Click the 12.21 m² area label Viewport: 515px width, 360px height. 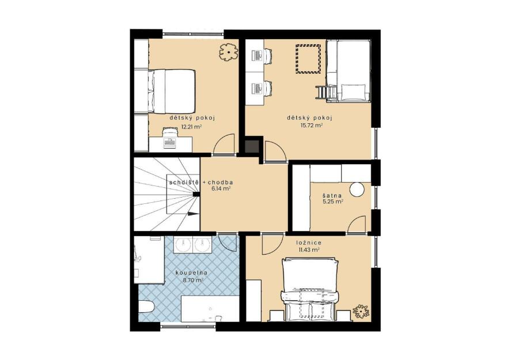coord(191,127)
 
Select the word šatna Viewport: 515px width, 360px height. coord(332,196)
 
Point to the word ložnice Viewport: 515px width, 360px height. coord(308,242)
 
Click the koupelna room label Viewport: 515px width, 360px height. coord(191,272)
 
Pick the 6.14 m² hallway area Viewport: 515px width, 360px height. coord(222,188)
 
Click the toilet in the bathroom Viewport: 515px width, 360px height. coord(146,307)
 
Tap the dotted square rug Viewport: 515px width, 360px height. coord(308,59)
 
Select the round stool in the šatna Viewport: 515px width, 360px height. coord(357,190)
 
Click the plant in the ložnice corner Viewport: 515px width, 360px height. coord(361,310)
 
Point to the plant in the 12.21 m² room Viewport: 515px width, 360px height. coord(228,52)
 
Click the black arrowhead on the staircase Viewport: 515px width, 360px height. coord(194,214)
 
